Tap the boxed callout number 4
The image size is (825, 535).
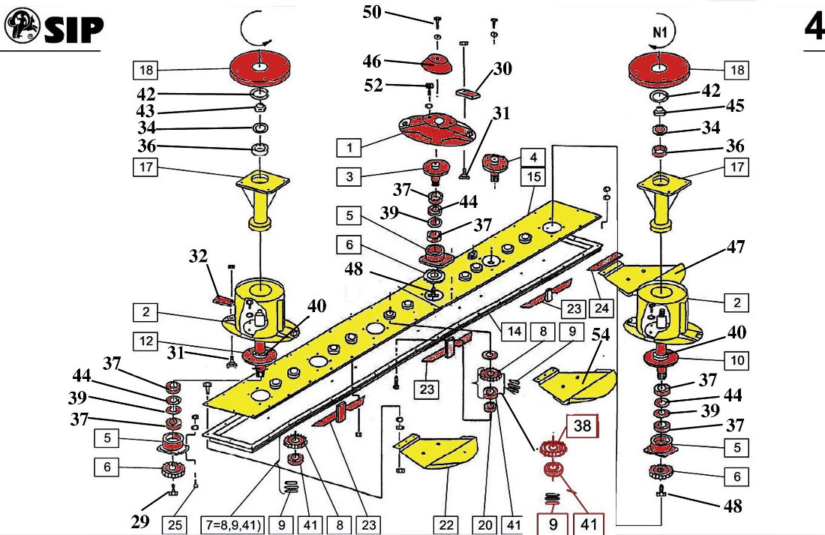coord(532,158)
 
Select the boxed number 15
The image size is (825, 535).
coord(533,178)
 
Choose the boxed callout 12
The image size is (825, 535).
coord(147,341)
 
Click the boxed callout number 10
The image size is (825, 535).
coord(737,361)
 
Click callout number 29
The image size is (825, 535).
coord(140,519)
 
